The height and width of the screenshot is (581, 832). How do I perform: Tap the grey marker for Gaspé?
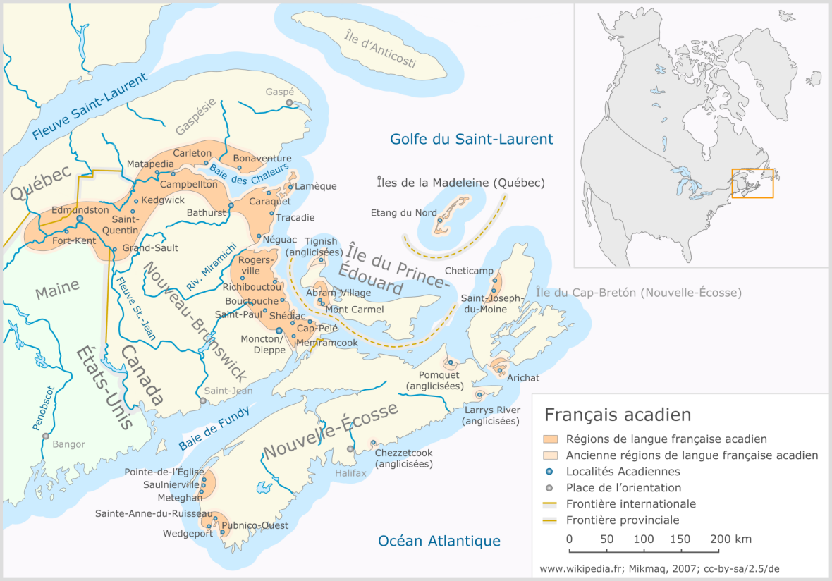click(x=289, y=103)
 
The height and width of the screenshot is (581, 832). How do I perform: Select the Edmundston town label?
click(x=80, y=209)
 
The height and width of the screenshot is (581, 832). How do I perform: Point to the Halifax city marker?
click(x=350, y=448)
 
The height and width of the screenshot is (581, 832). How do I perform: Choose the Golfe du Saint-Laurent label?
click(x=472, y=139)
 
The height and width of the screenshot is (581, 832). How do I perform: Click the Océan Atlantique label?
click(x=439, y=541)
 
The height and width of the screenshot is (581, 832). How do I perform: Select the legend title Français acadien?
click(x=618, y=414)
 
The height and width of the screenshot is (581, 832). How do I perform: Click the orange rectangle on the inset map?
click(x=752, y=183)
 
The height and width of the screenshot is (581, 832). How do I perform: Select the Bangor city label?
click(x=68, y=444)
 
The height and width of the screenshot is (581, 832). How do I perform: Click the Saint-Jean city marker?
click(x=203, y=400)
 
